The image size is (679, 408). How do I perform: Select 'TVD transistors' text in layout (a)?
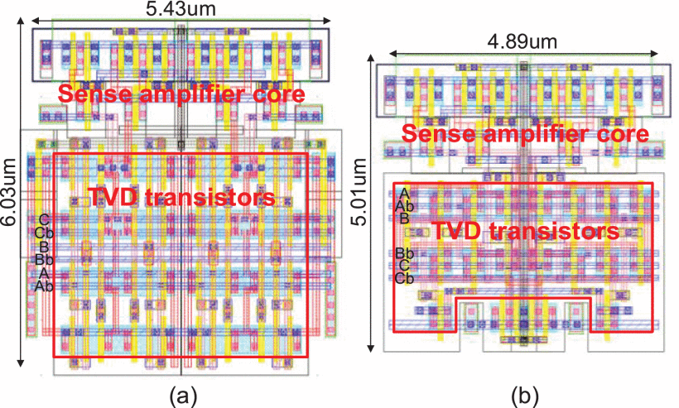point(181,199)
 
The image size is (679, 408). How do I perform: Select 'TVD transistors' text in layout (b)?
point(526,231)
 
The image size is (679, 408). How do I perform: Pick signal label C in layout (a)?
point(45,219)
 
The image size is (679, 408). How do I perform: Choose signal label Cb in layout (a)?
point(45,233)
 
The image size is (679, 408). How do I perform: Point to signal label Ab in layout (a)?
point(45,286)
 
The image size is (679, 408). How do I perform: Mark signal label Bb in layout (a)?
point(45,259)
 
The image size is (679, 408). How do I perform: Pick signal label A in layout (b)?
point(404,194)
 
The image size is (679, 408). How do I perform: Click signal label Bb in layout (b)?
point(404,253)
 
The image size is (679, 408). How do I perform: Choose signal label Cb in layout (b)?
point(404,278)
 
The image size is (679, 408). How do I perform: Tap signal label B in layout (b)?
point(404,218)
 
